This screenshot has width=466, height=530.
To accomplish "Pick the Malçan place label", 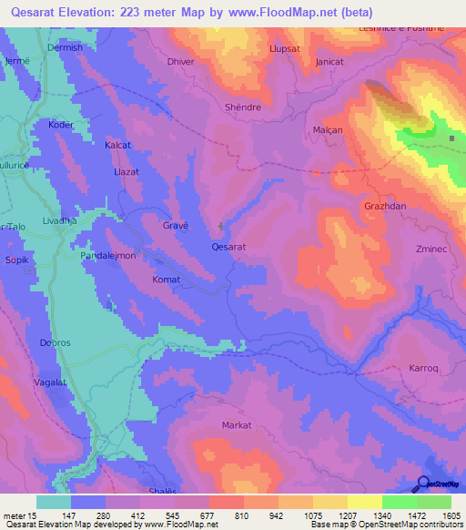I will tap(328, 130).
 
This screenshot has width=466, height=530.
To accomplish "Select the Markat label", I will tap(236, 425).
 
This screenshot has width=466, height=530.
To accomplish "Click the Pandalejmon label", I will tap(108, 256).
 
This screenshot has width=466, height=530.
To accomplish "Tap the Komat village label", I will tap(166, 280).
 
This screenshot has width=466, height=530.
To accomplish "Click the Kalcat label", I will tap(118, 145).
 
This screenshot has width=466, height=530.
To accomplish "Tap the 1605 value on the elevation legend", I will tap(451, 516).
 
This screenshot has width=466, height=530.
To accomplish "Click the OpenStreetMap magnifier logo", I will tap(424, 484).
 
